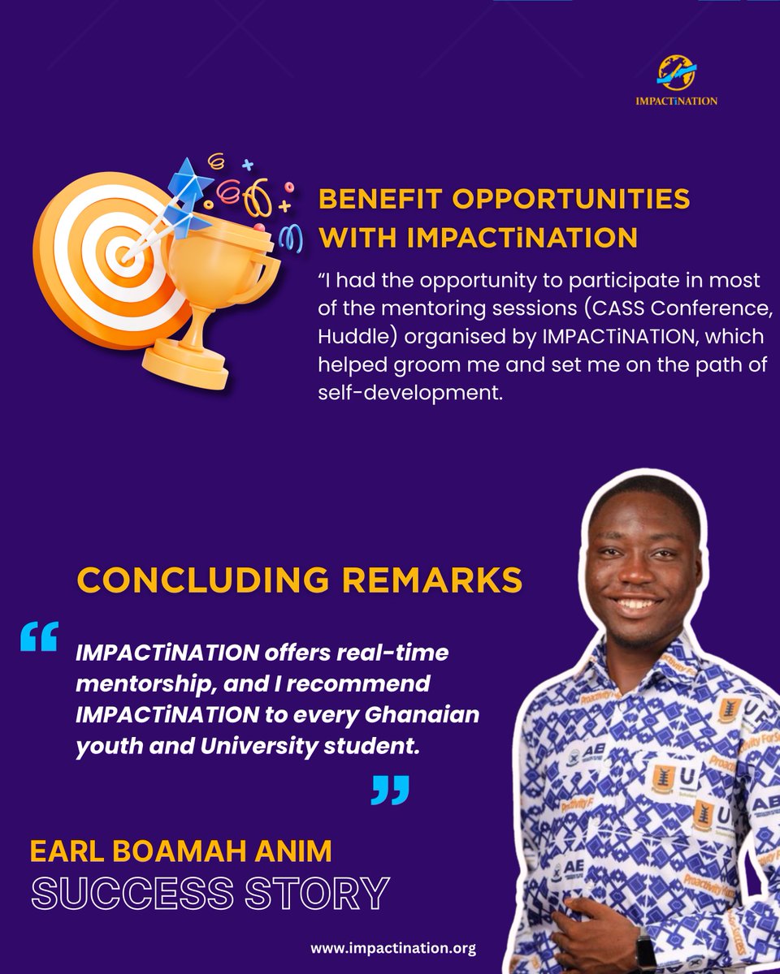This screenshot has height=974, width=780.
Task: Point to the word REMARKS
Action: point(439,580)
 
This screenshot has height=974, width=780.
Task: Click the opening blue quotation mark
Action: point(38,636)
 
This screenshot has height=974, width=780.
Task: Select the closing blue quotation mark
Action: point(390,789)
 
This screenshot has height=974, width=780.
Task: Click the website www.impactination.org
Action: point(393,947)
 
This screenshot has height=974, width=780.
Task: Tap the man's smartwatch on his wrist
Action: point(645,950)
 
